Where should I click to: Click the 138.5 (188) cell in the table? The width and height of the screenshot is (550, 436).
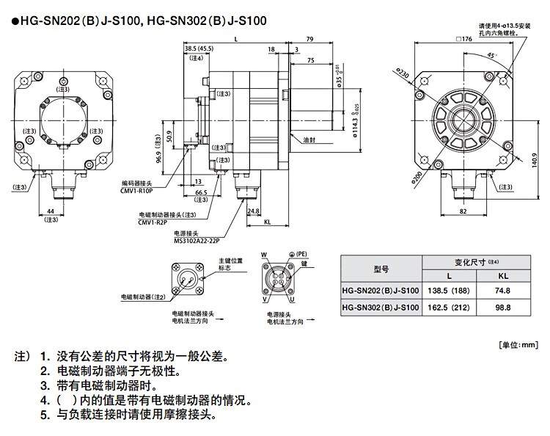tap(450, 290)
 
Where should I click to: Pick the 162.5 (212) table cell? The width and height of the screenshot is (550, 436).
tap(450, 308)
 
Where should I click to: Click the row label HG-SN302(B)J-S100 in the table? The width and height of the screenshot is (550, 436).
tap(381, 308)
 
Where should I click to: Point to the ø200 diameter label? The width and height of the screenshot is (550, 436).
tap(418, 177)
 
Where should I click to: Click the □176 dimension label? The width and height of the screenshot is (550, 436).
tap(463, 40)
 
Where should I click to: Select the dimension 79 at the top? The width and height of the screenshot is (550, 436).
tap(309, 39)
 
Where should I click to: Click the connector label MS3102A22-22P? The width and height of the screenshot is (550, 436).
tap(197, 240)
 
